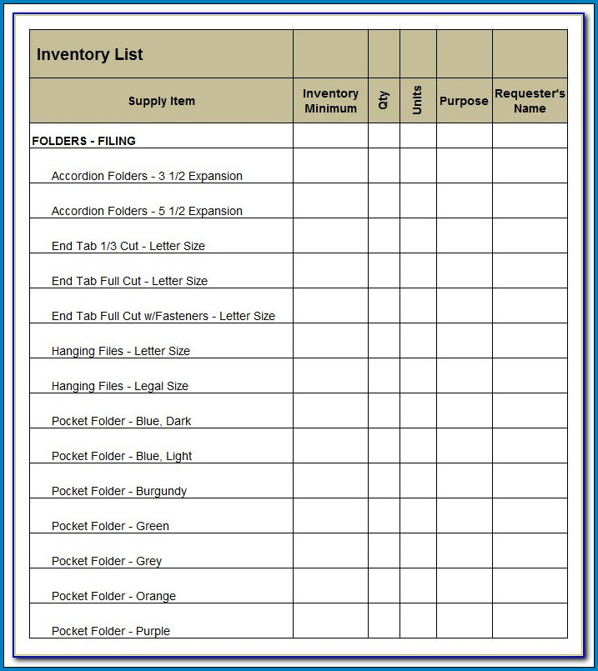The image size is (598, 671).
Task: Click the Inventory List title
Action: [90, 55]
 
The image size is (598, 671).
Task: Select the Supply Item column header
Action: [162, 101]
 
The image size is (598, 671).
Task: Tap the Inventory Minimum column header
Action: [330, 101]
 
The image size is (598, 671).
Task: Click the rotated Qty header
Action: [384, 101]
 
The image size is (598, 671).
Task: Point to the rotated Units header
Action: [418, 101]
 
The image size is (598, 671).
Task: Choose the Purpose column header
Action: [464, 101]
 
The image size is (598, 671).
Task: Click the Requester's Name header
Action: [530, 101]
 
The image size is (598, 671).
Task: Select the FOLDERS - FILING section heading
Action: [83, 141]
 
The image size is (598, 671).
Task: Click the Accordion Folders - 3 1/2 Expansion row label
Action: [147, 176]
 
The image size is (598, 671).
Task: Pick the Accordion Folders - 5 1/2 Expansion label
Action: [147, 211]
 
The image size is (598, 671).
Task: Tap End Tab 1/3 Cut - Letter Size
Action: [128, 246]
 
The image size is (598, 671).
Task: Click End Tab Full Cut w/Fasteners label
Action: [163, 316]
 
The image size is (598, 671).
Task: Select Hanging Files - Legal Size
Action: [120, 386]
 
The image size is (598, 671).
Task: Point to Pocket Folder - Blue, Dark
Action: [121, 421]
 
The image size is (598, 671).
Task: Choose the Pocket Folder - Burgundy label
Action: [119, 491]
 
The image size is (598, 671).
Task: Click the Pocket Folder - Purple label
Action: [111, 631]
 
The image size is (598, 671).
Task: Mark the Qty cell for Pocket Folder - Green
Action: [384, 516]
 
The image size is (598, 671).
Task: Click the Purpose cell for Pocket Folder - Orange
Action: [464, 586]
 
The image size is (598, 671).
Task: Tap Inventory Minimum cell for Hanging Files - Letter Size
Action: [330, 341]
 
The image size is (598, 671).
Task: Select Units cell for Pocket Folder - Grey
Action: [418, 551]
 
